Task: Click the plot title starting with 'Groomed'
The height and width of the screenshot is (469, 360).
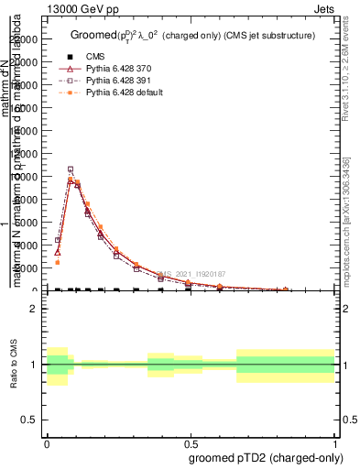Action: (x=192, y=35)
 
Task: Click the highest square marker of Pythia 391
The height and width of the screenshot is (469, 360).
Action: (x=71, y=169)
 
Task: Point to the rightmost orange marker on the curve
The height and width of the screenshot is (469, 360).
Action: (x=287, y=289)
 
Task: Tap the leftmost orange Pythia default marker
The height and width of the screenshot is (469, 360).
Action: (x=58, y=262)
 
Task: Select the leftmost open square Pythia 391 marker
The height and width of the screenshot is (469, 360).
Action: (x=58, y=240)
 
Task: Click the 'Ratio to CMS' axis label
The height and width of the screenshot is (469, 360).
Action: (x=14, y=365)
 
